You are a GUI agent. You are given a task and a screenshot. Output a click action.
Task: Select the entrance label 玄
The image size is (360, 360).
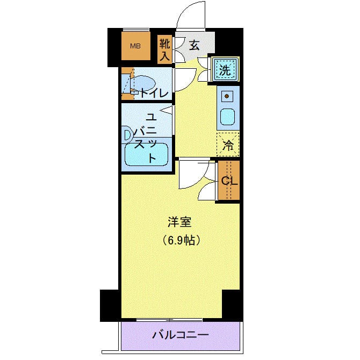tap(194, 46)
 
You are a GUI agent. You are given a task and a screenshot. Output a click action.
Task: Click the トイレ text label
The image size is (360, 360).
tap(155, 93)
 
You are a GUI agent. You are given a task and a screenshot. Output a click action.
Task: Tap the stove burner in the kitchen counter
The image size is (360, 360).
tap(227, 97)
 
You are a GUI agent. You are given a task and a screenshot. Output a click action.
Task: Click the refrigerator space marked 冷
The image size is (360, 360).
tap(228, 144)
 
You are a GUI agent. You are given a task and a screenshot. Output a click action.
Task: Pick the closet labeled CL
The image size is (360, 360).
tap(229, 181)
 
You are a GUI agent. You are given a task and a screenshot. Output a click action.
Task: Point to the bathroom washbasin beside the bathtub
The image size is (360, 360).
tap(127, 135)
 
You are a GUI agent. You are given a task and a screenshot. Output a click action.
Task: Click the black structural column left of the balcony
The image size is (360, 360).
tap(110, 305)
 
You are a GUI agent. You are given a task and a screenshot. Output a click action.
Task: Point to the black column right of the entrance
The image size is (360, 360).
tap(229, 46)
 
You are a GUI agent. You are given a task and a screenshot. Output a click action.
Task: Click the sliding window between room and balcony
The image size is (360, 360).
tap(171, 320)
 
